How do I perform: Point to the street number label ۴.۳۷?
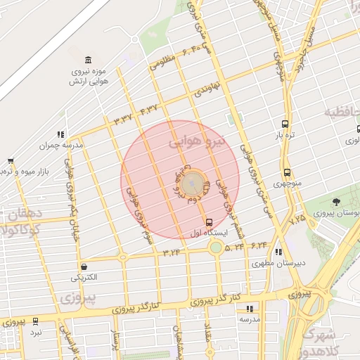click(x=149, y=109)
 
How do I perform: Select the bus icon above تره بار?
click(x=284, y=122)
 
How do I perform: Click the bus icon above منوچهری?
click(x=286, y=172)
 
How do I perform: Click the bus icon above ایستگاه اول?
click(x=208, y=222)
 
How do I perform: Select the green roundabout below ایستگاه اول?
click(x=216, y=247)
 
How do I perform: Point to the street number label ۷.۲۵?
click(x=297, y=221)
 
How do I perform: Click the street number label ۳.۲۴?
click(x=172, y=251)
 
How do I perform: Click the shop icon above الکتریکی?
click(x=84, y=266)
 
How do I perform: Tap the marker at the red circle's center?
click(x=195, y=186)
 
